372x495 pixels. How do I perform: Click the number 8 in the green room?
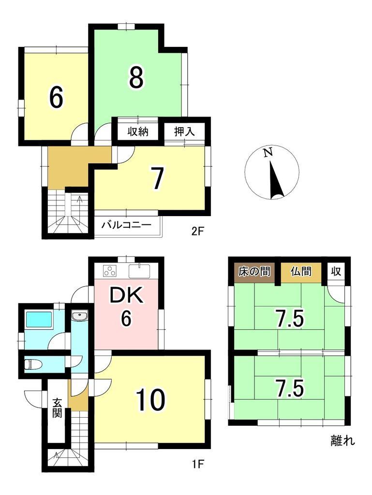(x=136, y=77)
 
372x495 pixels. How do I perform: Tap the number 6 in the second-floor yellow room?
(x=56, y=98)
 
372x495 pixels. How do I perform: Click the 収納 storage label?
(x=137, y=131)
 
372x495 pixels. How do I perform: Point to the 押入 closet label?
(x=184, y=131)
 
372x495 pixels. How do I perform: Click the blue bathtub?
(x=39, y=320)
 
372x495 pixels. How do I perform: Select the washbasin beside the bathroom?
(x=78, y=316)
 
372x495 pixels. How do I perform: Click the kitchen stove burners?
(x=109, y=271)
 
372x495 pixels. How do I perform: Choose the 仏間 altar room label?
(x=300, y=272)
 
